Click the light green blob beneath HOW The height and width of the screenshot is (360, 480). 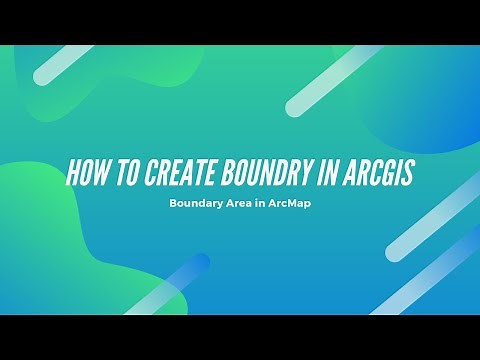click(50, 250)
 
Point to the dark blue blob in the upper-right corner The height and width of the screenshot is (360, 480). click(440, 100)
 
